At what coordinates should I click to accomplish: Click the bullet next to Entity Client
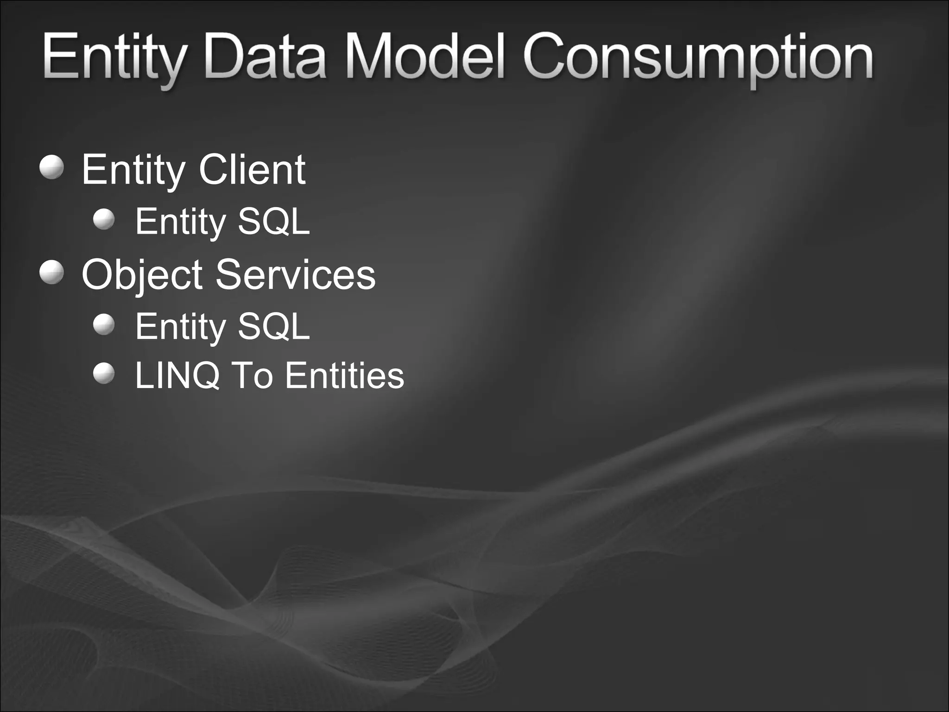(x=52, y=167)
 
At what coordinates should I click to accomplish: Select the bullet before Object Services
(x=52, y=273)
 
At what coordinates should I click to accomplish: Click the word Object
(x=142, y=275)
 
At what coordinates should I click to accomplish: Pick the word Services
(x=295, y=275)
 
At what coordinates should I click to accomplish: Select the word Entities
(x=344, y=375)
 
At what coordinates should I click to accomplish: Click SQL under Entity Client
(x=273, y=222)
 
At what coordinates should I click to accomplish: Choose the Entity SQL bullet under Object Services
(x=104, y=325)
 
